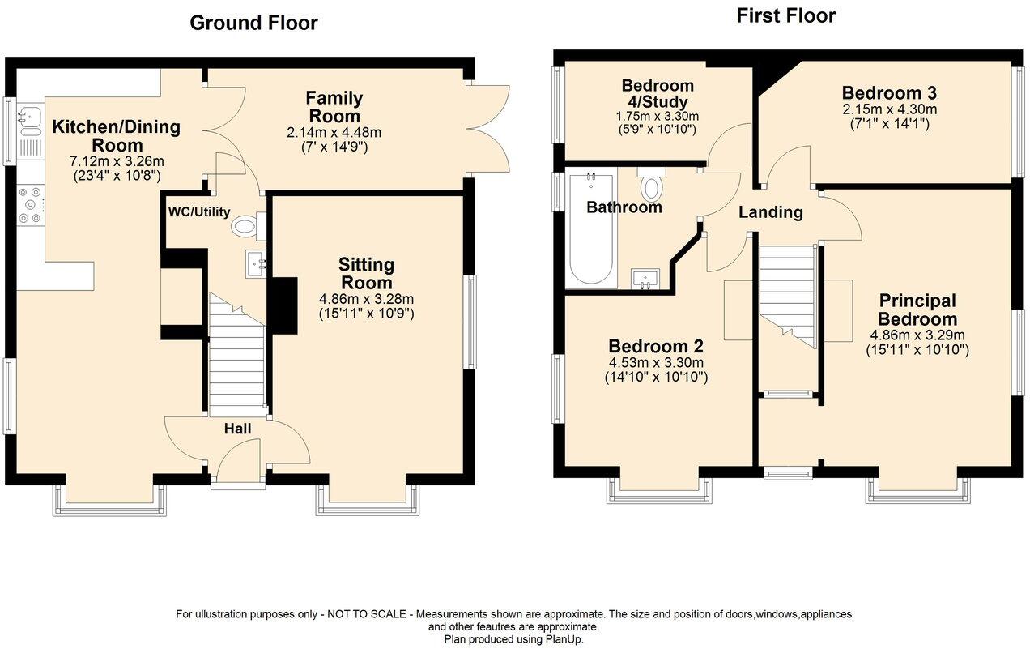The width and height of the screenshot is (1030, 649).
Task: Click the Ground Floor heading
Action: click(x=253, y=23)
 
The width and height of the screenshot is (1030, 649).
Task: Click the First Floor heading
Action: click(x=785, y=15)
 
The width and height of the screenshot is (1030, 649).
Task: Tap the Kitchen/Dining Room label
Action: click(x=116, y=136)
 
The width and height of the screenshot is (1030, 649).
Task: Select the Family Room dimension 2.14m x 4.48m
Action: click(x=334, y=133)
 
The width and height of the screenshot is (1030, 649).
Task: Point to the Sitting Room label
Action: click(x=366, y=274)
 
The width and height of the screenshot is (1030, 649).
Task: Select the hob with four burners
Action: click(x=31, y=205)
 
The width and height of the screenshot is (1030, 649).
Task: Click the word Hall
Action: click(x=237, y=429)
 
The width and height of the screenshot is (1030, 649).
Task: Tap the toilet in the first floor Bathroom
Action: click(x=651, y=186)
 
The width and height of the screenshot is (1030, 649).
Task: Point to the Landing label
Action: click(x=770, y=212)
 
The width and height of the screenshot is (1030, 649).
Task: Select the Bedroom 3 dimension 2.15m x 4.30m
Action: click(x=889, y=109)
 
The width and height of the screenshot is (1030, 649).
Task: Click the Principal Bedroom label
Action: click(x=917, y=310)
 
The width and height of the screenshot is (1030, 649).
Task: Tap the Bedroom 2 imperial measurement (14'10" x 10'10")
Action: click(x=656, y=377)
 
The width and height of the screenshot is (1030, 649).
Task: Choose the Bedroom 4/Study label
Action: click(x=657, y=94)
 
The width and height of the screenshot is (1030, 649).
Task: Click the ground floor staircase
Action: click(x=237, y=357)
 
